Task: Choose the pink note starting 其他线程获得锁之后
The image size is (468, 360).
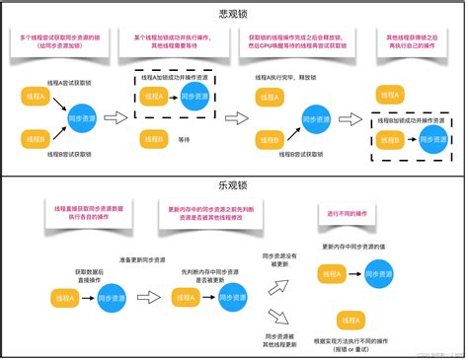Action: [x=407, y=42]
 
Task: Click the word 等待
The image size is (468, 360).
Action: [x=184, y=139]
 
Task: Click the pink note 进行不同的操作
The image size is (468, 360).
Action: [x=335, y=214]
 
